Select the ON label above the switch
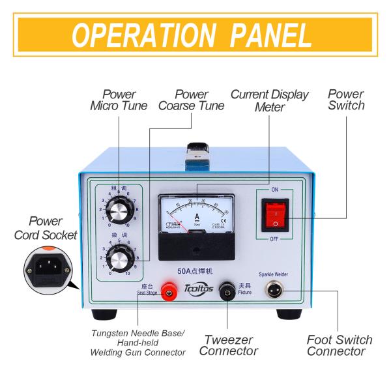click(x=274, y=189)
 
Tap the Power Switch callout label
click(x=346, y=100)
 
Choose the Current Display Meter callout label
click(x=269, y=100)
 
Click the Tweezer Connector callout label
click(x=228, y=345)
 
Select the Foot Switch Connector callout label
click(x=340, y=345)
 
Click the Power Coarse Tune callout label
click(x=182, y=100)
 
